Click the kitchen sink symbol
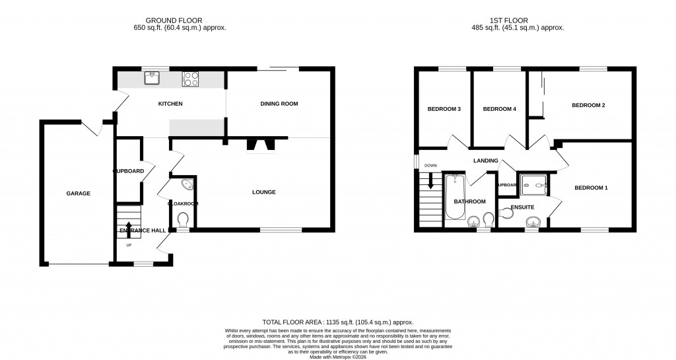tap(152, 78)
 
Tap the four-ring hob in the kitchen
tap(191, 78)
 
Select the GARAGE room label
tap(78, 194)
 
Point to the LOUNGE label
tap(263, 192)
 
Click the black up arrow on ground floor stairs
tap(128, 229)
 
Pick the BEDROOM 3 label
tap(444, 109)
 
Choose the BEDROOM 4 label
tap(499, 109)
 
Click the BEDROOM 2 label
tap(588, 105)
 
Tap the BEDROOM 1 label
tap(591, 188)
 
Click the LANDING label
tap(485, 161)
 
